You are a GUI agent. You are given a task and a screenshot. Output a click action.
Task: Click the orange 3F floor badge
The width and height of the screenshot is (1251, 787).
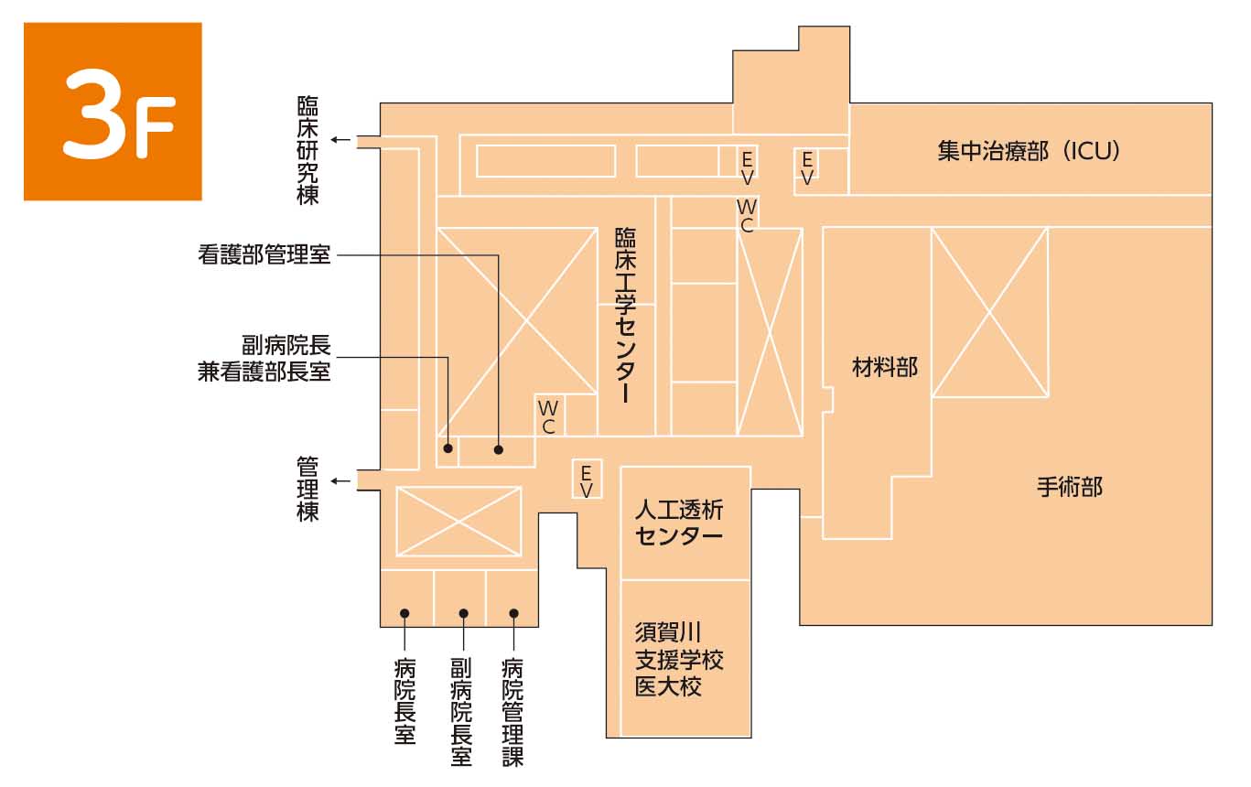coord(113,111)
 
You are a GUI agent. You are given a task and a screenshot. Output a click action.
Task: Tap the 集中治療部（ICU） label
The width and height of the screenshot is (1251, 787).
coord(1029,151)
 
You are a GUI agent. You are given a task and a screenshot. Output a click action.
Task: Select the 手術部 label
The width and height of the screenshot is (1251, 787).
coord(1070,487)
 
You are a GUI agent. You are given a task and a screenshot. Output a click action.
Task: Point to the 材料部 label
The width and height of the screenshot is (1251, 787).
coord(885,368)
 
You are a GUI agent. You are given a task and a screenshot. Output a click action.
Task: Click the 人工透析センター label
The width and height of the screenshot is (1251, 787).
coord(679,523)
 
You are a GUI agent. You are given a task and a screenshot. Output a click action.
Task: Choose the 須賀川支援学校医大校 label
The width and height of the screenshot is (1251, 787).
coord(679,660)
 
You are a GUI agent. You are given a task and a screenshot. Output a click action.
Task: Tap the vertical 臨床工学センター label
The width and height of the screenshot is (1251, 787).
coord(626,315)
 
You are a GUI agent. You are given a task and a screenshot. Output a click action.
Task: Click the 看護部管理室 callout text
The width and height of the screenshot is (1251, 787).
coord(264,254)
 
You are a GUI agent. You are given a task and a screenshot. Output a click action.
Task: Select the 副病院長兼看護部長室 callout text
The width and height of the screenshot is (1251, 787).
coord(264,359)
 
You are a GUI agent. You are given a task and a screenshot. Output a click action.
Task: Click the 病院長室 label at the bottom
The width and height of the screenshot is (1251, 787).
coord(404,702)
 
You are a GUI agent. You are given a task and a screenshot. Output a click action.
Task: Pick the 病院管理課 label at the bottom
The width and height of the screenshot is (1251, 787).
coord(512,713)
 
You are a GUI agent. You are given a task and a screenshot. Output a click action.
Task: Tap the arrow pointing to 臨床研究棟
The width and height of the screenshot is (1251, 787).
coord(340,140)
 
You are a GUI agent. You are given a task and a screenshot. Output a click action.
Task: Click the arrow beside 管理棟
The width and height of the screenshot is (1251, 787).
coord(340,481)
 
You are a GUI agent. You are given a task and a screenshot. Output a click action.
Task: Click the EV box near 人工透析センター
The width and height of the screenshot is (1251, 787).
coord(587,480)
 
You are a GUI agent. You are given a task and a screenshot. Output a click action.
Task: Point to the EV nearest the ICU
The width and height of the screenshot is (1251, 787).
coord(807,168)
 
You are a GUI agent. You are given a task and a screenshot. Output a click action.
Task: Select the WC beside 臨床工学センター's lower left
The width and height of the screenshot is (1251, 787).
coord(548,416)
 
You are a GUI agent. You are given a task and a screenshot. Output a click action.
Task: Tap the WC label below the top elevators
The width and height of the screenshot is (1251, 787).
coord(747,216)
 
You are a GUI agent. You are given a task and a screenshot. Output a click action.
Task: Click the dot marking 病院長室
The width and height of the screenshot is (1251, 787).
coord(404,613)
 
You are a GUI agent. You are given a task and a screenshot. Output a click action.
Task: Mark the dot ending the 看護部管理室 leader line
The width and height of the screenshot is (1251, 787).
coord(499,449)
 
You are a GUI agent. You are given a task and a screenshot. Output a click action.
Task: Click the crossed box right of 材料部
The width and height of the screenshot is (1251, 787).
coord(989,312)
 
